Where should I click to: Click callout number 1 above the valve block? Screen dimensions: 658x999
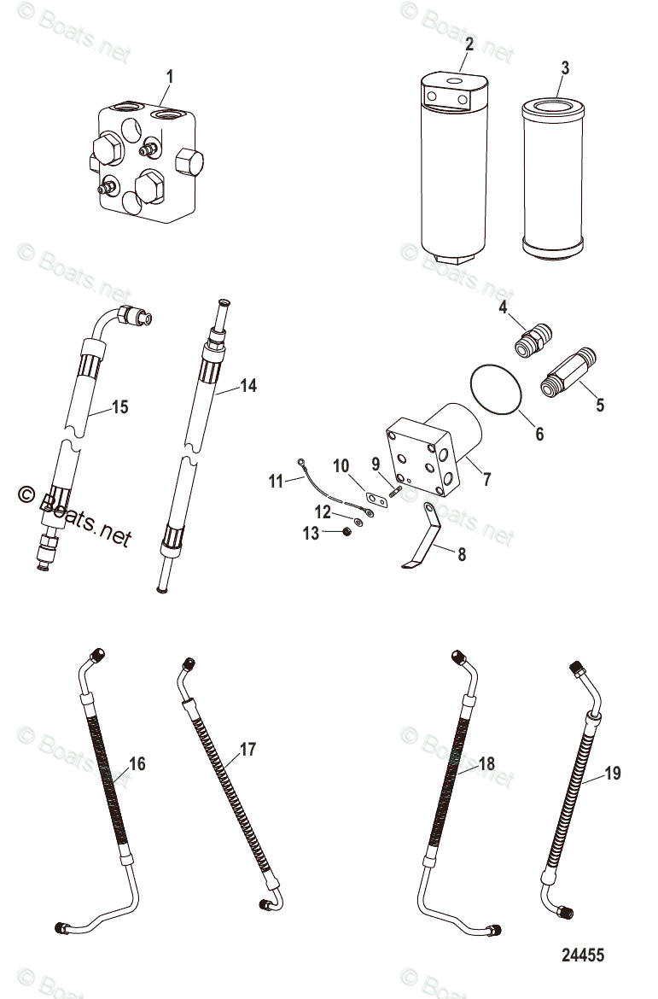[x=170, y=77]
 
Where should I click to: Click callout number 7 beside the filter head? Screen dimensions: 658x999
[x=486, y=479]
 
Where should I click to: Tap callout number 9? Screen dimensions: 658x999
[x=376, y=464]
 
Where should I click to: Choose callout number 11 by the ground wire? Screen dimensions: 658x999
[x=276, y=482]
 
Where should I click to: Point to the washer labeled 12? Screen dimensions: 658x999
[x=359, y=522]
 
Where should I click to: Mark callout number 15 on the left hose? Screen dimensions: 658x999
[x=247, y=386]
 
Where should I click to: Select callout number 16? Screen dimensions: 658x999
[x=119, y=406]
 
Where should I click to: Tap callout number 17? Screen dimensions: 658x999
[x=137, y=763]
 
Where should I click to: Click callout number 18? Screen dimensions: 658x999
[x=247, y=751]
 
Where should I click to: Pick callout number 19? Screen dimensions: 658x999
[x=486, y=763]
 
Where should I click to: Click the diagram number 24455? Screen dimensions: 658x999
[x=613, y=774]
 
